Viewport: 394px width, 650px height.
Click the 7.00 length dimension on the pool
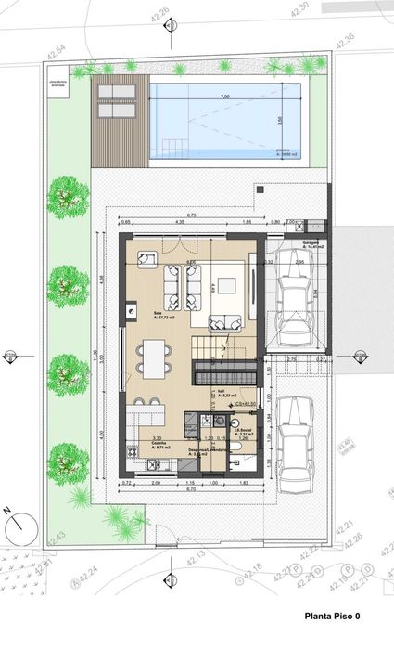click(224, 97)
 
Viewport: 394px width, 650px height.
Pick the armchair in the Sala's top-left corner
click(147, 258)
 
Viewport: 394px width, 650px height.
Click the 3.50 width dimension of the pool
click(279, 119)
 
